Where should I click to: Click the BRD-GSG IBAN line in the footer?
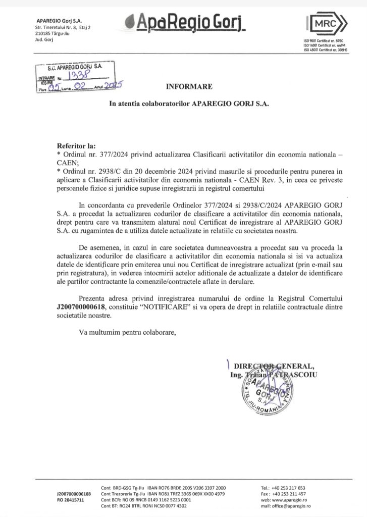(x=164, y=488)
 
